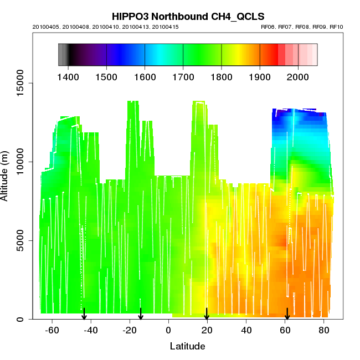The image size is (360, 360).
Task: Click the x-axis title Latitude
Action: coord(187,347)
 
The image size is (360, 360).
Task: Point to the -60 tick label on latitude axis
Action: coord(52,331)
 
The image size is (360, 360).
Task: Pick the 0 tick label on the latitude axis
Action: coord(168,331)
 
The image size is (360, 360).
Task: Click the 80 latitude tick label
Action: coord(323,331)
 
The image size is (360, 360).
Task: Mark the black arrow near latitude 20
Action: coord(207,314)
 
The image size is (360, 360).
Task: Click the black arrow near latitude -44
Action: coord(84,314)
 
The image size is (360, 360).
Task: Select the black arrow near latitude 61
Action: coord(287,314)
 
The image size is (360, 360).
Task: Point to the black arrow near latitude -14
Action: coord(141,314)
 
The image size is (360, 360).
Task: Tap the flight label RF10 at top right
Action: coord(337,27)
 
